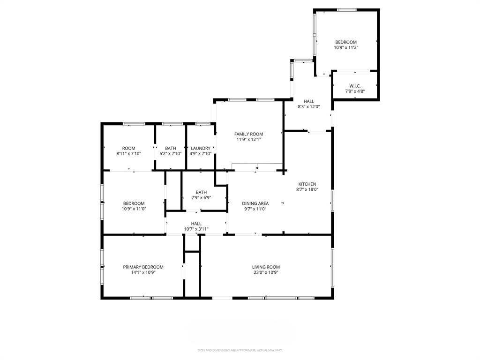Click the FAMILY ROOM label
(x=248, y=134)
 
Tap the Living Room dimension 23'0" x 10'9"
(x=266, y=272)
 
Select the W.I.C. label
(x=354, y=86)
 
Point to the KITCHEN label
(x=307, y=184)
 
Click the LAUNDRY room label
(x=201, y=148)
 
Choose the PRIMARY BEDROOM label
(x=143, y=267)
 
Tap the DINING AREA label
(x=255, y=203)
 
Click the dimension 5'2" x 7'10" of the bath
(x=171, y=154)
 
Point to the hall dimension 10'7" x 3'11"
(x=196, y=229)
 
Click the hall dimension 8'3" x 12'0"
(x=309, y=107)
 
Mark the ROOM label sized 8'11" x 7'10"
(x=128, y=148)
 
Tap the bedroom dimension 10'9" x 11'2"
(x=345, y=48)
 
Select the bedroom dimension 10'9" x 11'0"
(x=134, y=209)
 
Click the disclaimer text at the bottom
(x=240, y=350)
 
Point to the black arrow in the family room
(x=257, y=168)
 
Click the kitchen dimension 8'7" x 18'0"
(x=307, y=190)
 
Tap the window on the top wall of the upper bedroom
(x=346, y=10)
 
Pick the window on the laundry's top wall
(x=202, y=124)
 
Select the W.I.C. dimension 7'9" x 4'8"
(x=354, y=91)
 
